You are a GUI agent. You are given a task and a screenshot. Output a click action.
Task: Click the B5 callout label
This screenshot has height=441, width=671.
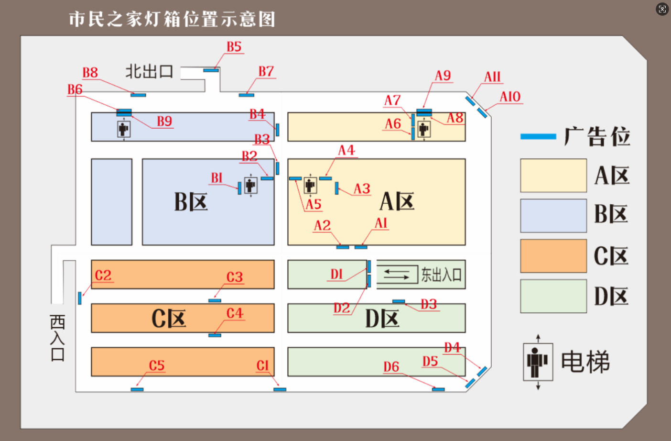234,47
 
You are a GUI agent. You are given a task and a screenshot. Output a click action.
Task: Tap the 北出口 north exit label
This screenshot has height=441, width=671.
149,72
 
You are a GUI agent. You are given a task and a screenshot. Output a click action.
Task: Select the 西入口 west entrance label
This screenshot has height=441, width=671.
57,338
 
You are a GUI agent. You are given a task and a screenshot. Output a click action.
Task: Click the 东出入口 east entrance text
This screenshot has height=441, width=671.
441,275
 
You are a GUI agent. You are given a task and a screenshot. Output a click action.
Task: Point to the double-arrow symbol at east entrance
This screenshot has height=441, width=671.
397,275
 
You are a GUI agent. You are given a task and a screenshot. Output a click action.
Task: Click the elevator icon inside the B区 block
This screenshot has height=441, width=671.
250,185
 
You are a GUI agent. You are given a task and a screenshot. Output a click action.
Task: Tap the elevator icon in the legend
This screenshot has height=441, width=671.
538,362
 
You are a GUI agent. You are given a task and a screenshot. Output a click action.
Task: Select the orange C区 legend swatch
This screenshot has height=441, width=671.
553,256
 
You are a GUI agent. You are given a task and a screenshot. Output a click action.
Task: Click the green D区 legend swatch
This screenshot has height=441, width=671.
553,296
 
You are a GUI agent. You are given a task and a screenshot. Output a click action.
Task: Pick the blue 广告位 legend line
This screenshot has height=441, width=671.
538,137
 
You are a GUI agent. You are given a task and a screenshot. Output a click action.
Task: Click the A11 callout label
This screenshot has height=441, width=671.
492,77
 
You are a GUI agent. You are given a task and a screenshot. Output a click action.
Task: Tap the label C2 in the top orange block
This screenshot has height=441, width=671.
103,276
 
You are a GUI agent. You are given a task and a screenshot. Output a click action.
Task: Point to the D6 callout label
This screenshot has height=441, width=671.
391,367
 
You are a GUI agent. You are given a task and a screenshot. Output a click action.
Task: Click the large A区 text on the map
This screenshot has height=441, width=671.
397,201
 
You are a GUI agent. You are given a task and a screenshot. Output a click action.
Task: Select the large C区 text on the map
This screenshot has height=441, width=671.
168,318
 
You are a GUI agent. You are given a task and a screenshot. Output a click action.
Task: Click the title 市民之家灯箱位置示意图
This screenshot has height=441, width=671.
172,19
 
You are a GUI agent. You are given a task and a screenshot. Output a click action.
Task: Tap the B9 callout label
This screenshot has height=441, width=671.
164,121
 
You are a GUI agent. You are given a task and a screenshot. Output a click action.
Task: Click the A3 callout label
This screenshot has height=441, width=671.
362,189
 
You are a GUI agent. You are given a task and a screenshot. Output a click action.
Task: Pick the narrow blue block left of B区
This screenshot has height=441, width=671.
111,202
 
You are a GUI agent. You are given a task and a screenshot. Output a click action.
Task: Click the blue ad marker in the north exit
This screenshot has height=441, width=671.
211,70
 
